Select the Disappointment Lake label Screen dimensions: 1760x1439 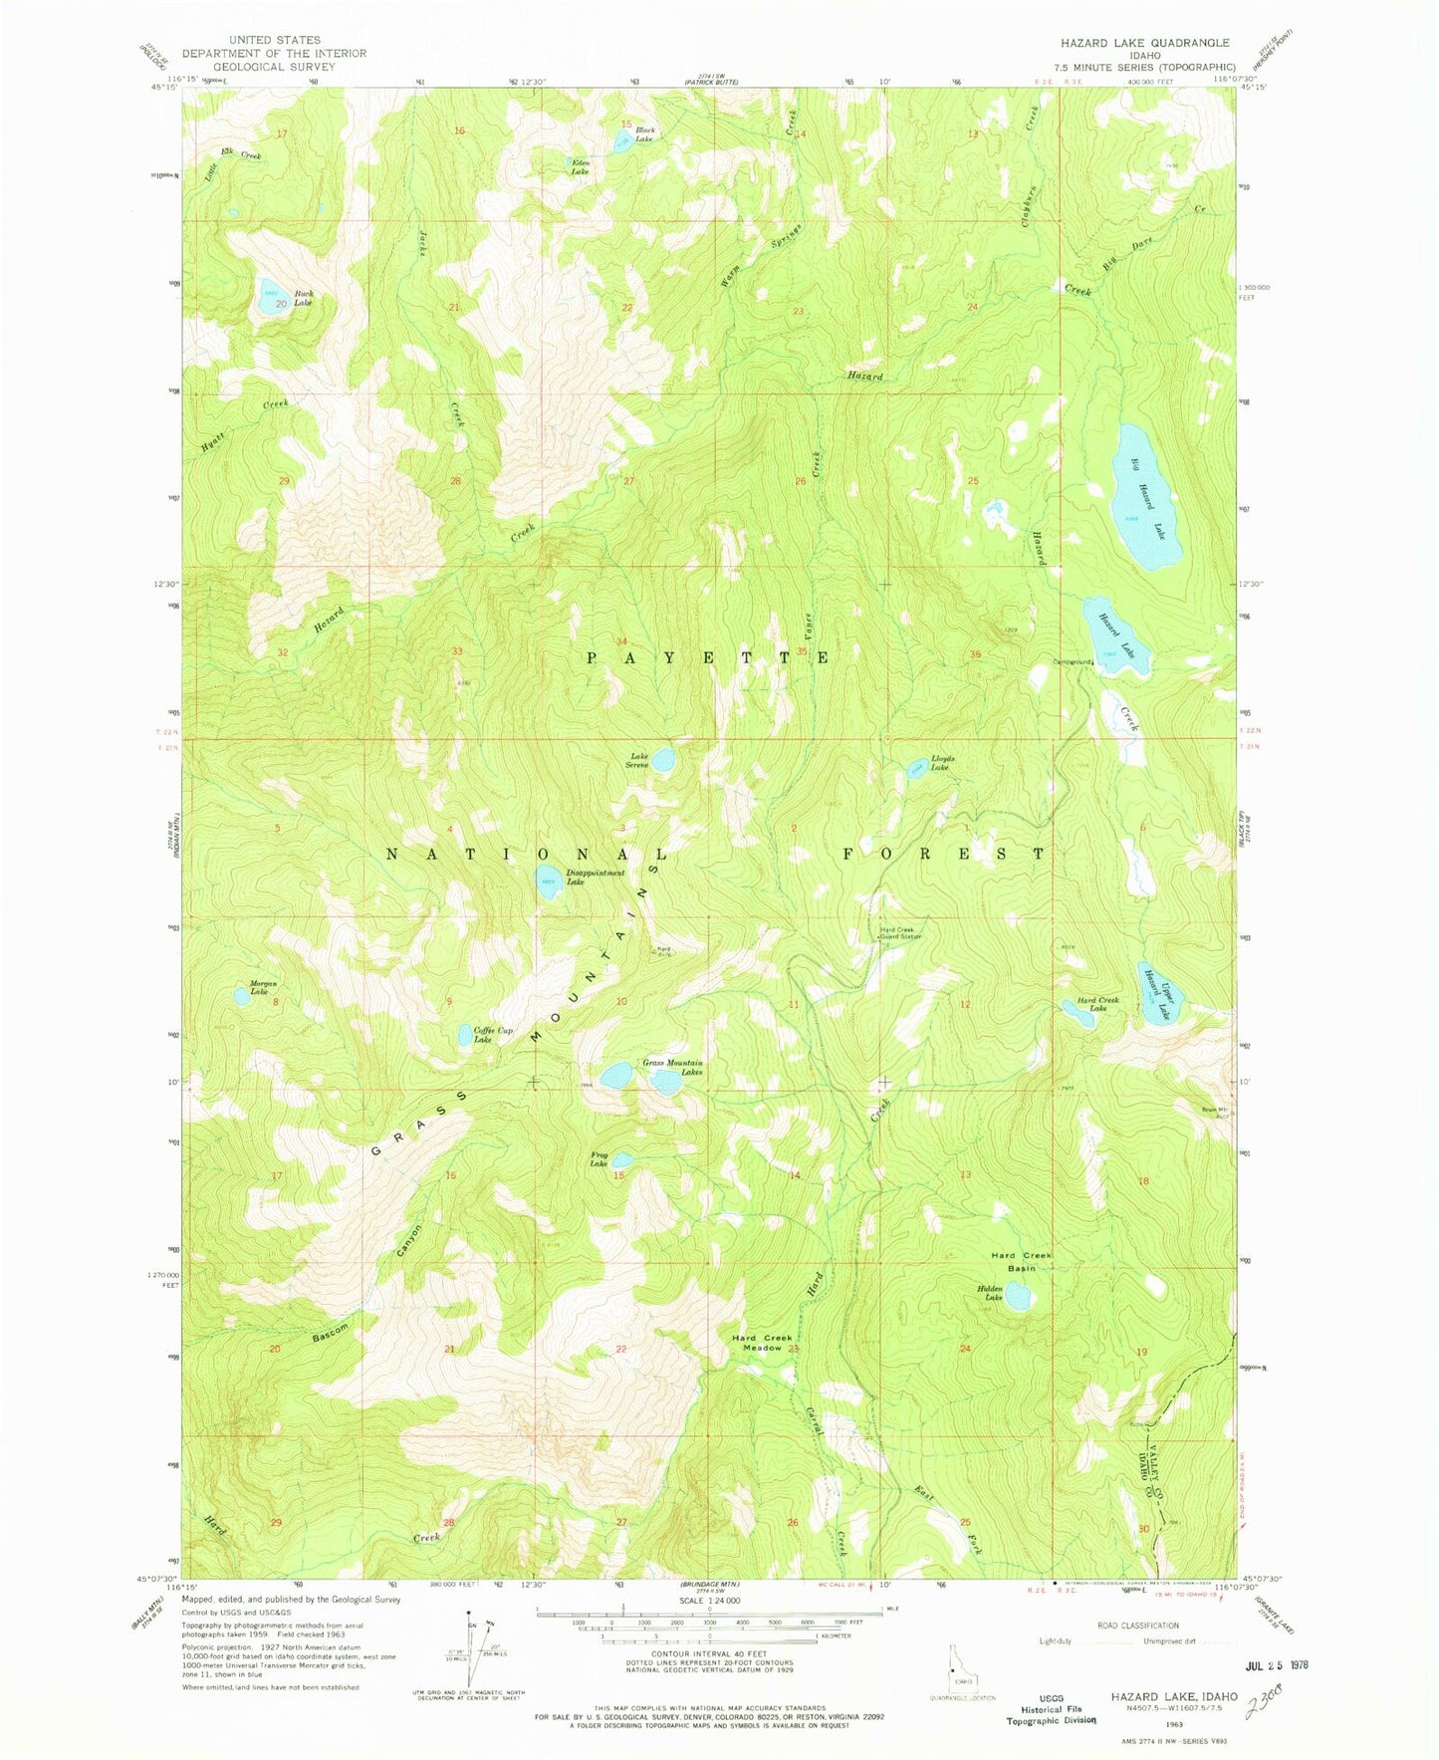pyautogui.click(x=596, y=878)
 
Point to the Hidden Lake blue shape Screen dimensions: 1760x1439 pyautogui.click(x=1018, y=1296)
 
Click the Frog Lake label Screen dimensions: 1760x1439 pyautogui.click(x=599, y=1159)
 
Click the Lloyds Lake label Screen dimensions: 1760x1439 pyautogui.click(x=942, y=763)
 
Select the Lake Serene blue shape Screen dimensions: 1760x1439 pyautogui.click(x=663, y=760)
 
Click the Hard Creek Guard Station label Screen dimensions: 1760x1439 pyautogui.click(x=900, y=934)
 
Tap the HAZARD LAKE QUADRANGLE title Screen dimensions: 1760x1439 pyautogui.click(x=1144, y=43)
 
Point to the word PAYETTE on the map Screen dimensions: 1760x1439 pyautogui.click(x=707, y=658)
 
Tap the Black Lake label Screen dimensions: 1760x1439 pyautogui.click(x=644, y=134)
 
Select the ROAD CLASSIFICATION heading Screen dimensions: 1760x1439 pyautogui.click(x=1137, y=1626)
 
